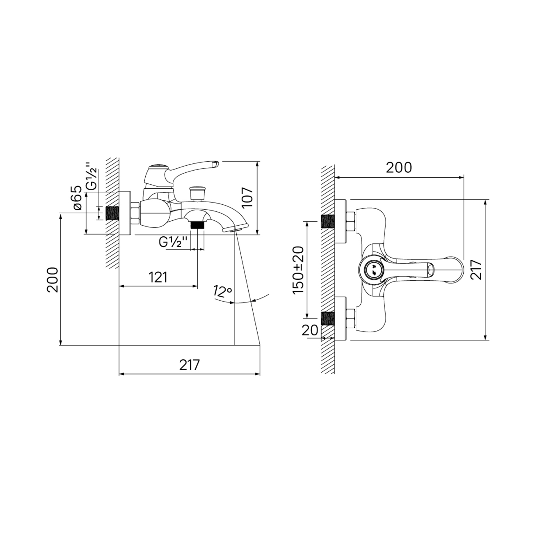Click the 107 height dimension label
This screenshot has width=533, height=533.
248,198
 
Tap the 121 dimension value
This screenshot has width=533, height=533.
158,277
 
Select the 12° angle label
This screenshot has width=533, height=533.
223,292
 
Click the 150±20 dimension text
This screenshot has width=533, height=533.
298,270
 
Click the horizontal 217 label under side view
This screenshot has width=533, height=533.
190,365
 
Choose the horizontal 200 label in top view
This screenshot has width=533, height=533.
399,167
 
